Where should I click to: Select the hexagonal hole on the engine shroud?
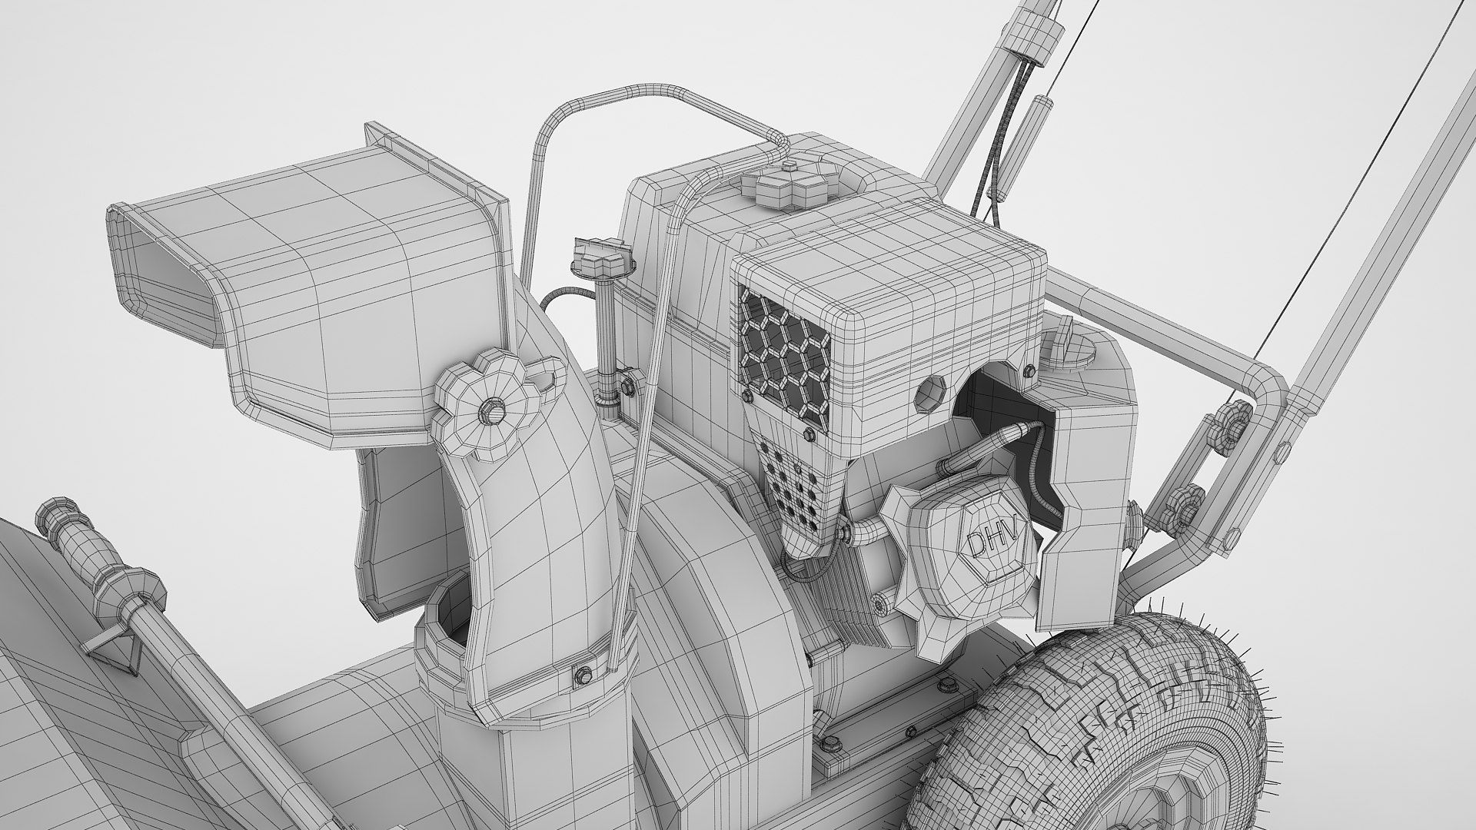(932, 393)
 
